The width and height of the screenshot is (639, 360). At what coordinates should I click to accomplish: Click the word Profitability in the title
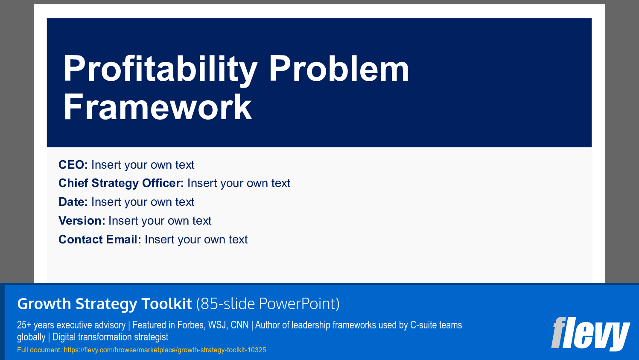tap(160, 69)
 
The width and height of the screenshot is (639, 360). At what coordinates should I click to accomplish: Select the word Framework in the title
tap(158, 107)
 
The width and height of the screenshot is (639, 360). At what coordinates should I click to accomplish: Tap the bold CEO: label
tap(73, 165)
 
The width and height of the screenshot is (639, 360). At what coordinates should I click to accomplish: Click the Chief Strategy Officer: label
tap(121, 183)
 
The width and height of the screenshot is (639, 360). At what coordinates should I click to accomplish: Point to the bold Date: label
tap(73, 202)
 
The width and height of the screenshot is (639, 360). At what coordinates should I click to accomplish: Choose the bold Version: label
tap(82, 221)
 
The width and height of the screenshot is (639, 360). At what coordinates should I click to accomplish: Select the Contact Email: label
tap(99, 240)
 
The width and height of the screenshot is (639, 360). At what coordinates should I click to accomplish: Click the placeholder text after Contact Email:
tap(196, 240)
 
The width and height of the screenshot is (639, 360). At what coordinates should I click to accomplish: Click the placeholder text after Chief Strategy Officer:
tap(239, 183)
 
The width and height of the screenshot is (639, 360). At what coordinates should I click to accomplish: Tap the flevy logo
tap(590, 334)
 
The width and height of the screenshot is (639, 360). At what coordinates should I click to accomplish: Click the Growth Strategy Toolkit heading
tap(105, 304)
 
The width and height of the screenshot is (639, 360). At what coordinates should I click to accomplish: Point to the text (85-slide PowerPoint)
tap(268, 304)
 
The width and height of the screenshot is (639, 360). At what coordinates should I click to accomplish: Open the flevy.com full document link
tap(165, 350)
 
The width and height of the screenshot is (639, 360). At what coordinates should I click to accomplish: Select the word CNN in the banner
tap(239, 325)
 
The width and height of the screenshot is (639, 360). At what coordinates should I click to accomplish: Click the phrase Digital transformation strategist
tap(110, 337)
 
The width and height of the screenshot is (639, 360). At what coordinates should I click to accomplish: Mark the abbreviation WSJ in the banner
tap(217, 325)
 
